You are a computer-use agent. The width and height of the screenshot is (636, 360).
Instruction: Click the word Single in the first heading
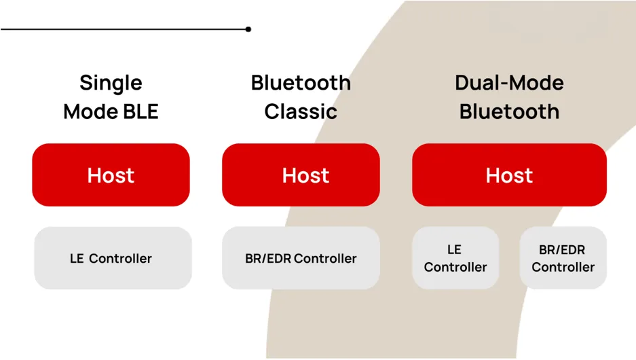point(111,83)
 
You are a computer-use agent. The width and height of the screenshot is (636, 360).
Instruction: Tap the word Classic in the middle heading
point(301,111)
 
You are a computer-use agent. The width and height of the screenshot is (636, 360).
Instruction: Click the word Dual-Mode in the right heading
point(509,83)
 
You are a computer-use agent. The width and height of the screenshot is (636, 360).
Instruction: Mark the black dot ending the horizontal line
point(248,29)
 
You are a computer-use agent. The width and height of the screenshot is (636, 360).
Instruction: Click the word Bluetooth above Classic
point(301,83)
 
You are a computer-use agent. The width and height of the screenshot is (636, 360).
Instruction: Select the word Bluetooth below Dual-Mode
point(509,111)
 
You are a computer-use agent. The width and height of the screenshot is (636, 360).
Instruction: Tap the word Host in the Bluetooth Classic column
point(305,175)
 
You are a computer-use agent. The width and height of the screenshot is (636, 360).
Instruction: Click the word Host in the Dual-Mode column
point(509,175)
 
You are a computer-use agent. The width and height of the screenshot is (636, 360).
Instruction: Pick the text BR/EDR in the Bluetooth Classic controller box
point(268,259)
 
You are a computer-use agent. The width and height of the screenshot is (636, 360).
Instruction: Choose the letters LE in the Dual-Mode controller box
point(455,250)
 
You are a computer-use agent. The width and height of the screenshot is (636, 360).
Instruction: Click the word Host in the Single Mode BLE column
point(111,175)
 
